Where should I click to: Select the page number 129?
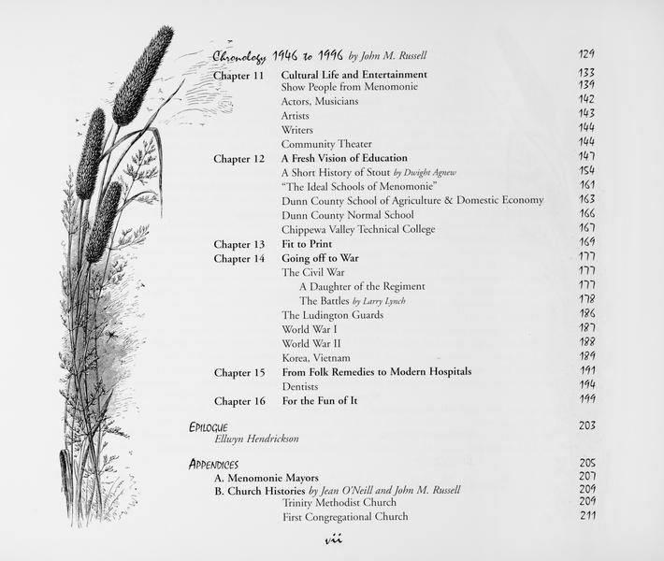click(586, 55)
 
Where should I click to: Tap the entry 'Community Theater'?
click(325, 144)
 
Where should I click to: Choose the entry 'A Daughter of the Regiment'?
click(362, 286)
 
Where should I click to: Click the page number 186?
click(586, 313)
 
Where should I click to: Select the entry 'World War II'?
click(311, 343)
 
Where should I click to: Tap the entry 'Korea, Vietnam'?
click(316, 357)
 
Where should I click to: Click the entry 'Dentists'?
click(299, 386)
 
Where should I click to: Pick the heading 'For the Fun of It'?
click(320, 401)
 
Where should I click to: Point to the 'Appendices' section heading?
click(213, 464)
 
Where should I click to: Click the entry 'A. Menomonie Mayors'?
click(267, 478)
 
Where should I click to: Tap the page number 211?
click(586, 515)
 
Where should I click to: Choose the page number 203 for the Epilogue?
click(586, 425)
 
